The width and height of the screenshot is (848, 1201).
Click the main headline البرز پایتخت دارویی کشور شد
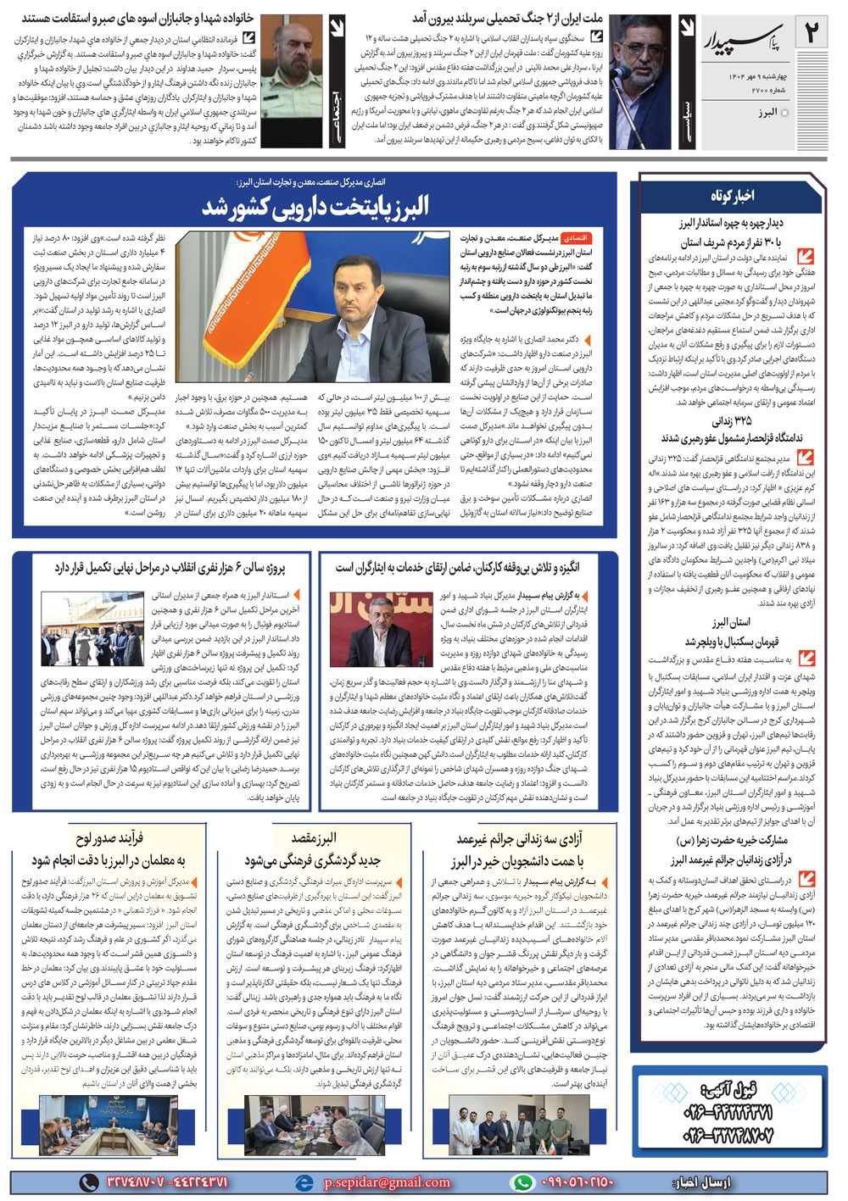[316, 206]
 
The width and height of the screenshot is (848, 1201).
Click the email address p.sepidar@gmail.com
[386, 1182]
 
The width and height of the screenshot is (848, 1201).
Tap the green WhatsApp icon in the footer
[523, 1182]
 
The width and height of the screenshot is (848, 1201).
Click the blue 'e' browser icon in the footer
[303, 1182]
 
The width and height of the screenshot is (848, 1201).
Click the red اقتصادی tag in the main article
[575, 239]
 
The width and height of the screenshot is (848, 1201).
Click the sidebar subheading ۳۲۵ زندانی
[731, 420]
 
